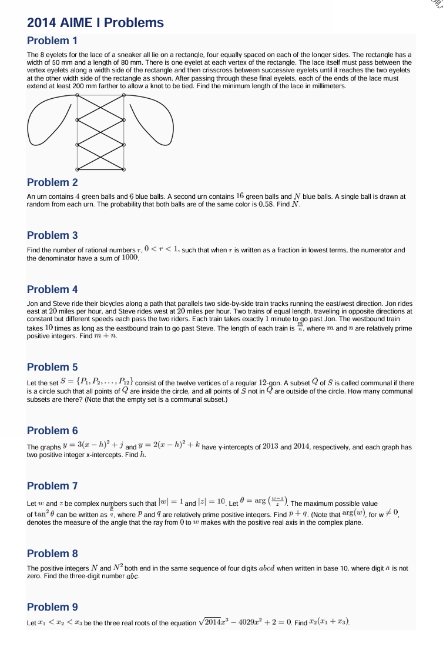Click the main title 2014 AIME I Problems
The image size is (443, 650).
point(95,23)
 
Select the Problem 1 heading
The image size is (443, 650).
point(52,41)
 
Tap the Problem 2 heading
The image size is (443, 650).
point(52,182)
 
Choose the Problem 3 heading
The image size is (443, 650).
point(52,235)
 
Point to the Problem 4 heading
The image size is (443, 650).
point(52,289)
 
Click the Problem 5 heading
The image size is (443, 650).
point(52,367)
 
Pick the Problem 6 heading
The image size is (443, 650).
point(52,431)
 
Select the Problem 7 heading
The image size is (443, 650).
point(52,486)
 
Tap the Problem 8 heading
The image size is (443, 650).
point(52,554)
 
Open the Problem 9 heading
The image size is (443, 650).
point(52,607)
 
